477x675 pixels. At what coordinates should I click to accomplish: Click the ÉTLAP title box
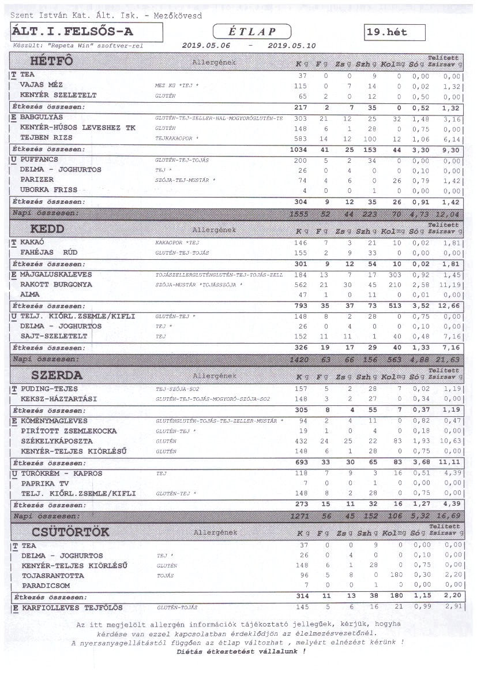[251, 32]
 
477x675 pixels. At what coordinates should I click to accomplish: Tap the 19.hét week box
[395, 33]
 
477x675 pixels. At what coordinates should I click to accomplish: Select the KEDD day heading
[47, 229]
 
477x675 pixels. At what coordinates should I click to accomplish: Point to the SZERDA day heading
[57, 375]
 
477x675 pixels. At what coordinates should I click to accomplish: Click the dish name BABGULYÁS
[44, 117]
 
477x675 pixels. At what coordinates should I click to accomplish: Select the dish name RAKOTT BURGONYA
[56, 285]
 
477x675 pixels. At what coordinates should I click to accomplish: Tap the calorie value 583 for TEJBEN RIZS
[302, 139]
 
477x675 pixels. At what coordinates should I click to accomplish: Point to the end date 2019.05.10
[292, 46]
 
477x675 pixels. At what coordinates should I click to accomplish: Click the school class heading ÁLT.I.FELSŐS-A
[72, 32]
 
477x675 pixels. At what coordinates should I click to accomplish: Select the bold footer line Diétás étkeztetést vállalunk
[241, 651]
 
